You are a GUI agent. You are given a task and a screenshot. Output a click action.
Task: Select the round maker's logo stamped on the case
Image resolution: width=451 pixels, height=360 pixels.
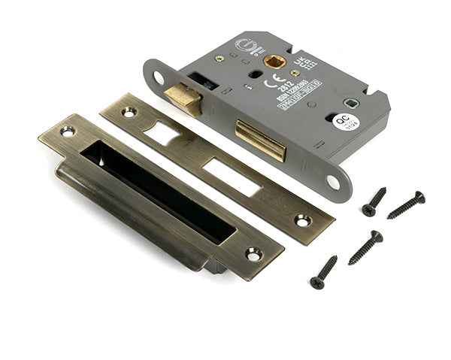point(245,46)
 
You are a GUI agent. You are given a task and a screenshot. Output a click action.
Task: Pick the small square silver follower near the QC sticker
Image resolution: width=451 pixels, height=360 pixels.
point(350,102)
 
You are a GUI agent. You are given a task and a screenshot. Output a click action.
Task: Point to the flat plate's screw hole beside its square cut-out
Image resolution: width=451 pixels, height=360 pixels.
point(129,112)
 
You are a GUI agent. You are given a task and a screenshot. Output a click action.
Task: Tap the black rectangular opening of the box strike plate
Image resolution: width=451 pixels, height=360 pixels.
point(158,191)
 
